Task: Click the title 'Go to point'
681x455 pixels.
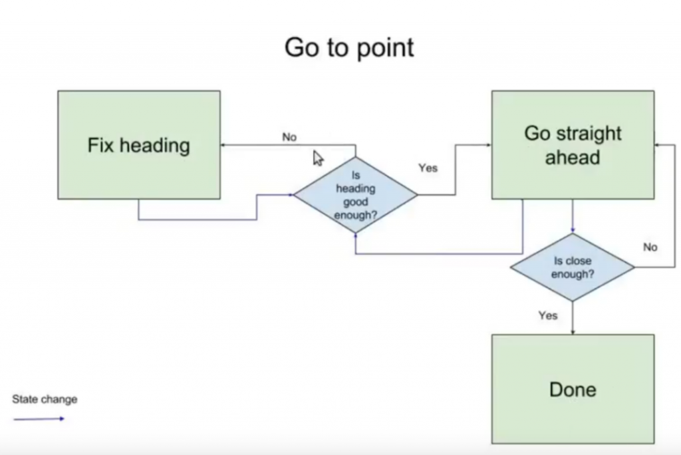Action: [349, 47]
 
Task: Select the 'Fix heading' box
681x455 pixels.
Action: [139, 145]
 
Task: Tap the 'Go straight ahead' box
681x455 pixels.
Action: [573, 145]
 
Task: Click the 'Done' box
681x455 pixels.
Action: [573, 389]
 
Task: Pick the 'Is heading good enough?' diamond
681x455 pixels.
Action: [356, 195]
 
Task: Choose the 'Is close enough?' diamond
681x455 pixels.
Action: [573, 267]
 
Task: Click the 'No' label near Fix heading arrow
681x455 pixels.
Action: [289, 137]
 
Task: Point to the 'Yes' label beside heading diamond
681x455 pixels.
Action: [428, 168]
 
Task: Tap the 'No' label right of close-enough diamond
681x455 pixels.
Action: [650, 247]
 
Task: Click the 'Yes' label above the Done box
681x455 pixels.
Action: [548, 315]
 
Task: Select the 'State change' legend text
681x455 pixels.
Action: [45, 399]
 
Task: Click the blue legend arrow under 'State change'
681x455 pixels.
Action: [39, 419]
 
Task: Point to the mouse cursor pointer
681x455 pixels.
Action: [318, 158]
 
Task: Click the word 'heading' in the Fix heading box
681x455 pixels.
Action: [154, 146]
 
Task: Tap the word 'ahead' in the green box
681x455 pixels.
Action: [573, 157]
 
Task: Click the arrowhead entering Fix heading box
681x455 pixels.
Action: [223, 145]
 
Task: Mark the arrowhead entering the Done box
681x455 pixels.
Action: [573, 333]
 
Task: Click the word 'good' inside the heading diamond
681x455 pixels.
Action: [356, 202]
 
